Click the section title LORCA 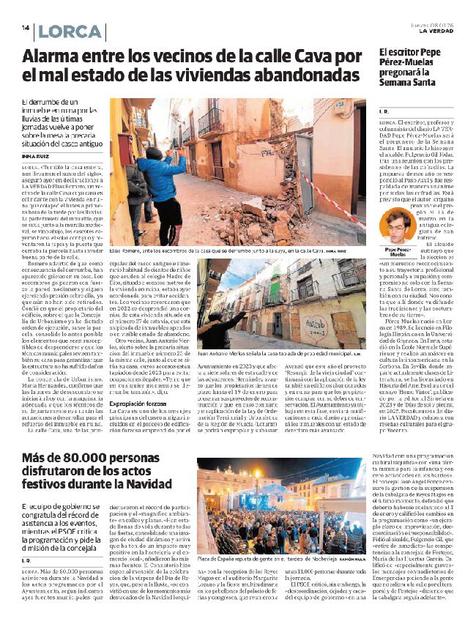(70, 32)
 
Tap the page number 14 (25, 29)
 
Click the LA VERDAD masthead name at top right (439, 31)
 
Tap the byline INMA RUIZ (36, 155)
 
